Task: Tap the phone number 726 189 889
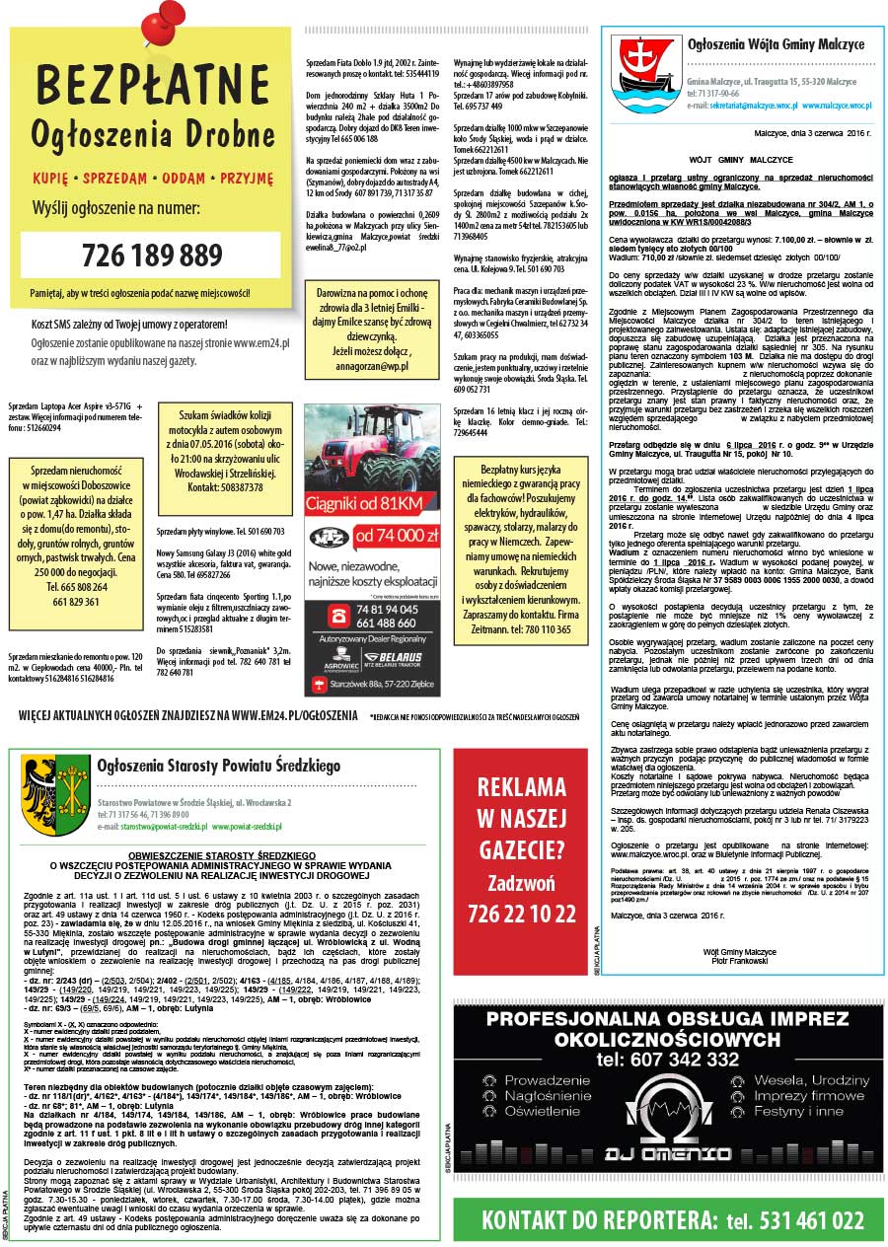pos(152,256)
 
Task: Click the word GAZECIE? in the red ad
pos(521,847)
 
